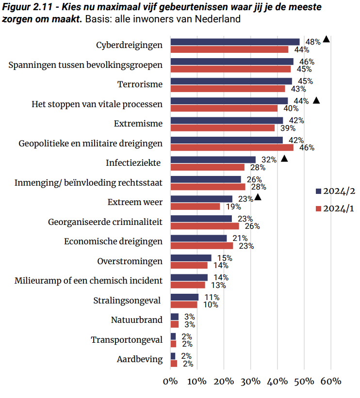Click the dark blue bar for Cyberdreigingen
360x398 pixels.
235,42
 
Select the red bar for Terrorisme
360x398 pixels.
228,89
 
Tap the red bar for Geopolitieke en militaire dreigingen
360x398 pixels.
232,148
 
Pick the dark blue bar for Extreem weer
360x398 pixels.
201,199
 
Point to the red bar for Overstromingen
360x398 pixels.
189,266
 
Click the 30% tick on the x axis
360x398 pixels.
251,381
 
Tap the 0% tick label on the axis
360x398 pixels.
171,381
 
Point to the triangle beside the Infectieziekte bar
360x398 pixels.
284,158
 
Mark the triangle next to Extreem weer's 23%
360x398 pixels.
258,197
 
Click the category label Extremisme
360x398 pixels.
138,124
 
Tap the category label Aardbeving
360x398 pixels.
140,360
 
